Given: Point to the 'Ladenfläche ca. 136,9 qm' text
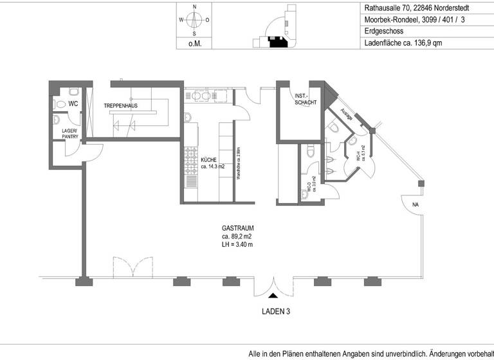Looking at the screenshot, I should (x=403, y=44).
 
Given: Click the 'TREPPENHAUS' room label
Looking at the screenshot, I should (x=120, y=105).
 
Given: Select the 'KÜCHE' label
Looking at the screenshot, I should (x=209, y=160).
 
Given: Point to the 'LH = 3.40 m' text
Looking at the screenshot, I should (x=237, y=244).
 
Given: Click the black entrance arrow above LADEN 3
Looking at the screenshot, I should (x=273, y=296).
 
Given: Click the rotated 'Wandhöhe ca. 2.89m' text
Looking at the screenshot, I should (x=238, y=164).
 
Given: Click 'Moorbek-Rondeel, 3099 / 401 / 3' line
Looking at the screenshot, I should (x=413, y=20).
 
